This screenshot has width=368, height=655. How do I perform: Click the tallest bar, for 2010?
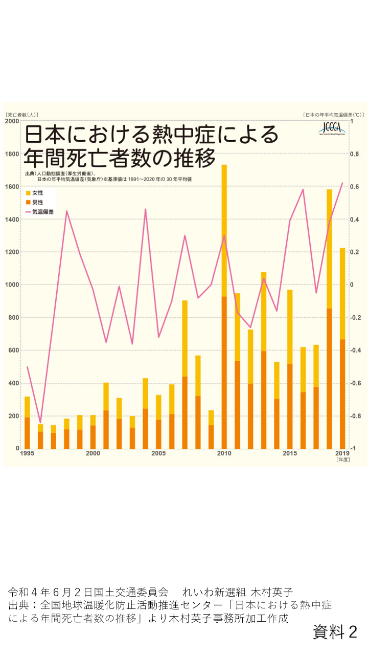tap(224, 307)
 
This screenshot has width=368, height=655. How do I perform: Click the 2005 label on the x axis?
tap(158, 453)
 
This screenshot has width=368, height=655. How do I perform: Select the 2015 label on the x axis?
tap(290, 453)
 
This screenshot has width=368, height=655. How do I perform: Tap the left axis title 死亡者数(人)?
tap(21, 115)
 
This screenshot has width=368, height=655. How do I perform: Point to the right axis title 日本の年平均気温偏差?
tap(332, 115)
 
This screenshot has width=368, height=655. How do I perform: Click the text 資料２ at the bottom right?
tap(335, 632)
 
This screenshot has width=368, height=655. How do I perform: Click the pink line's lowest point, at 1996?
tap(40, 423)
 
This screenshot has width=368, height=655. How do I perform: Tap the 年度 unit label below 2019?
tap(342, 460)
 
